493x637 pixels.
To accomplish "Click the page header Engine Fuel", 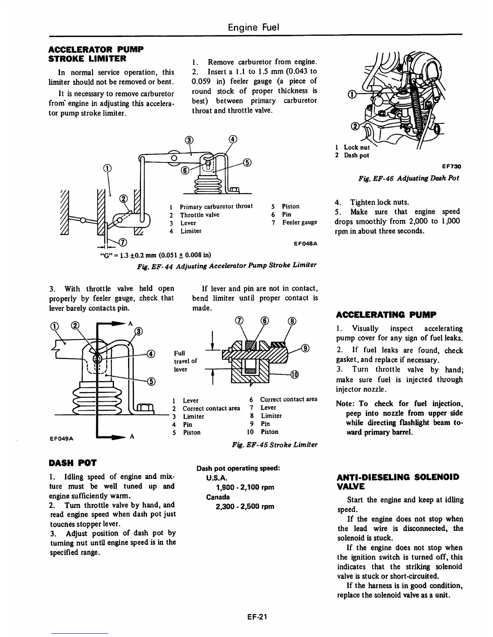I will tap(253, 27).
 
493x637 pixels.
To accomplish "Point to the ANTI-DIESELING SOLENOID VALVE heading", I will tap(398, 481).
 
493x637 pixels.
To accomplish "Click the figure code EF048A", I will tap(306, 243).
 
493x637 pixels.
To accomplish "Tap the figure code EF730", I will tap(451, 166).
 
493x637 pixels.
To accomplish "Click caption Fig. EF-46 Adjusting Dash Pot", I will tap(409, 178).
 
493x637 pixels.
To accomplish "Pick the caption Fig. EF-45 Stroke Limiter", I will tap(275, 445).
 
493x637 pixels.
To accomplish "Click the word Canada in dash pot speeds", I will tap(218, 497).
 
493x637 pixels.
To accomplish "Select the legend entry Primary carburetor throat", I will tap(216, 206).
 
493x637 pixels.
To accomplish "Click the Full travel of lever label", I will tap(186, 361).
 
